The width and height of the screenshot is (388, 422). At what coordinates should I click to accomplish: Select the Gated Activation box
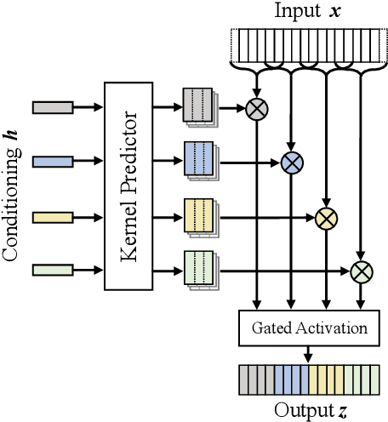[x=305, y=328]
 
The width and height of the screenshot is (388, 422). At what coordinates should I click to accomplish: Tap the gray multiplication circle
[x=255, y=107]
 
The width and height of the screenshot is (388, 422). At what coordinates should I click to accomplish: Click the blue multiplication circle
[x=292, y=162]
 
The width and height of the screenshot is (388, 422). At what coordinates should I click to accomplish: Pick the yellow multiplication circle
[x=325, y=218]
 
